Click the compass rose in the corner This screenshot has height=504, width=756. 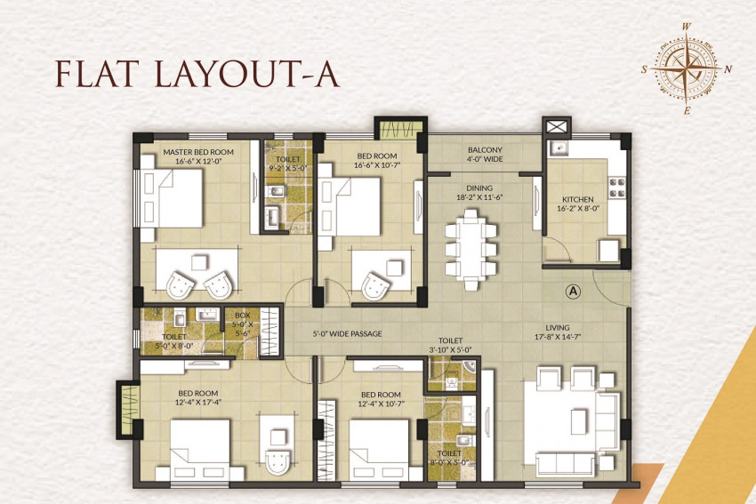pos(686,69)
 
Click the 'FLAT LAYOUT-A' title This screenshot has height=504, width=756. pos(197,74)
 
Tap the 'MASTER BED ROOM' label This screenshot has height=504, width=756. pos(198,152)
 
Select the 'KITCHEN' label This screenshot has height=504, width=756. pos(577,199)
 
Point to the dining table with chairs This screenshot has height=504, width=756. pos(470,250)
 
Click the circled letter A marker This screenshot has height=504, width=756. pos(573,291)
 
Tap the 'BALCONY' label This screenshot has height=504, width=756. pos(485,150)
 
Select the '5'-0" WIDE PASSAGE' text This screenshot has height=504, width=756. pos(347,333)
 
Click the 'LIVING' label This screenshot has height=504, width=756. pos(558,328)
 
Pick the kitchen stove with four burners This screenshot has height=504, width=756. pos(617,188)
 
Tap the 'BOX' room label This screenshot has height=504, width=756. pos(243,316)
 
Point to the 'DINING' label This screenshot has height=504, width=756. pos(479,188)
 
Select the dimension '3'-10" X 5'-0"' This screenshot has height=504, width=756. pos(450,350)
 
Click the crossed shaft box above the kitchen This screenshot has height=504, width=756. pos(557,127)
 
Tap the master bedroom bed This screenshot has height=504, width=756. pos(172,197)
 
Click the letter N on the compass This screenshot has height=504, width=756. pos(728,69)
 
